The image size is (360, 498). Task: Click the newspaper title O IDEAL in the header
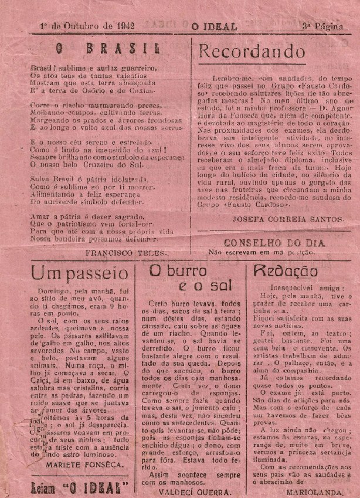213,26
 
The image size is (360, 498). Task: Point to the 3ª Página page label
322,26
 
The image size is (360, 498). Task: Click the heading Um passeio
80,273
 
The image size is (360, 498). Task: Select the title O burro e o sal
186,278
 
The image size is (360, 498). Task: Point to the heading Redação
286,271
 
